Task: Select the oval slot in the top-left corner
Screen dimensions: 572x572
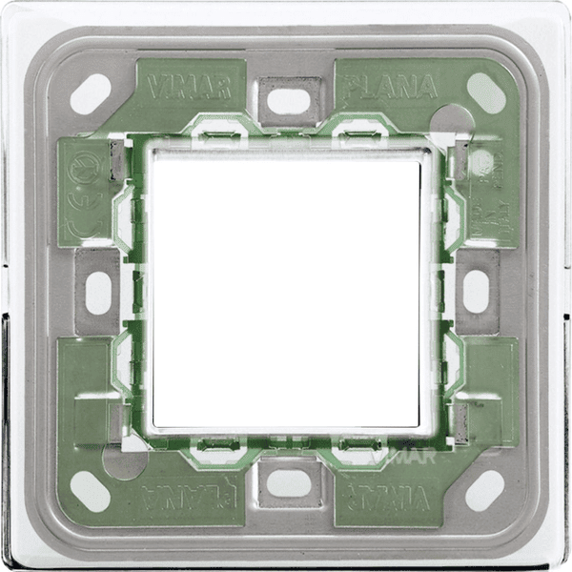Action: pyautogui.click(x=91, y=93)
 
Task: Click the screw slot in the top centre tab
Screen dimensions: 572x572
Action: pyautogui.click(x=288, y=100)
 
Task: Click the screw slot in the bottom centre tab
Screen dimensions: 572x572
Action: pyautogui.click(x=288, y=482)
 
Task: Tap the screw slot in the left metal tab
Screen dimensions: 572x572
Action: pyautogui.click(x=98, y=292)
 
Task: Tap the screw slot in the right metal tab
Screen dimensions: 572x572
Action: pyautogui.click(x=476, y=292)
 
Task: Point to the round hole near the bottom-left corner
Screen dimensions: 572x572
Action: pyautogui.click(x=125, y=462)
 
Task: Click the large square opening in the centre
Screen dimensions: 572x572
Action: pyautogui.click(x=285, y=292)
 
